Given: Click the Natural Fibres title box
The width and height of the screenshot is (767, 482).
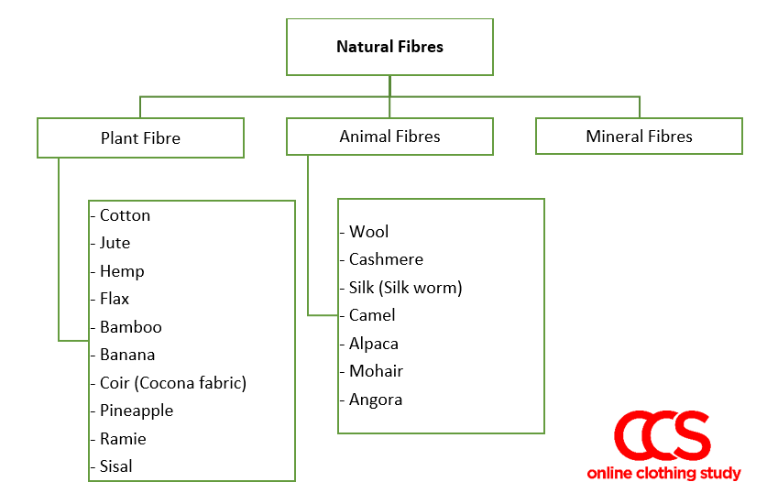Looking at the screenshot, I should pyautogui.click(x=389, y=47).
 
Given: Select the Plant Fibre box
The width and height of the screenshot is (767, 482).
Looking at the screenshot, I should pyautogui.click(x=140, y=138).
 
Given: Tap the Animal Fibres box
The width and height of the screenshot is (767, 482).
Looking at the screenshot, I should pyautogui.click(x=389, y=137).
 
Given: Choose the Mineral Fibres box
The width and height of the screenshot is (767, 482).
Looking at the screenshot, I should pyautogui.click(x=639, y=137).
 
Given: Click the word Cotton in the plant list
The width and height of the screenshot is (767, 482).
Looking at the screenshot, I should pyautogui.click(x=125, y=215).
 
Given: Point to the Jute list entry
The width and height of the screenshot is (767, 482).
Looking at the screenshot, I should pyautogui.click(x=115, y=243).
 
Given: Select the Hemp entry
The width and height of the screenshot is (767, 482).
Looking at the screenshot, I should pyautogui.click(x=122, y=271).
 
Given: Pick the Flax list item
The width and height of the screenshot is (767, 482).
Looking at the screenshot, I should pyautogui.click(x=115, y=299).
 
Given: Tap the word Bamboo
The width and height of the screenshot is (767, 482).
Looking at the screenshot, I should pyautogui.click(x=130, y=327).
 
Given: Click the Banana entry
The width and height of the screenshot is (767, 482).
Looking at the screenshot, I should pyautogui.click(x=127, y=355).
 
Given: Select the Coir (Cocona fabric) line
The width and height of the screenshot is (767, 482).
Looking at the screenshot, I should pyautogui.click(x=173, y=383).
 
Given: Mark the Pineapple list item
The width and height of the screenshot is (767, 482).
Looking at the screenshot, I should pyautogui.click(x=137, y=411).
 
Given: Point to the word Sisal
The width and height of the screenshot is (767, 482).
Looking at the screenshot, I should pyautogui.click(x=116, y=466).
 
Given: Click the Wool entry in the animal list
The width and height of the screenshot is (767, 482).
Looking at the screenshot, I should pyautogui.click(x=368, y=232).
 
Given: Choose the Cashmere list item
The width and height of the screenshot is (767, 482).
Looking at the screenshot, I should pyautogui.click(x=386, y=259).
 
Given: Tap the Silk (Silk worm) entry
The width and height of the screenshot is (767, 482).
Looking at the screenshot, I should pyautogui.click(x=405, y=288).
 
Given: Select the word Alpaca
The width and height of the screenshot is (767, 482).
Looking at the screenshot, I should pyautogui.click(x=373, y=344).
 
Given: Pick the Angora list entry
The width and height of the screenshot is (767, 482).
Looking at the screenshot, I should pyautogui.click(x=376, y=400).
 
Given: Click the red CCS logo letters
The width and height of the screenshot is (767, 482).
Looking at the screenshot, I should pyautogui.click(x=662, y=437).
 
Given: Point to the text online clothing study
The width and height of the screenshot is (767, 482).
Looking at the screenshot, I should pyautogui.click(x=663, y=473).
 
